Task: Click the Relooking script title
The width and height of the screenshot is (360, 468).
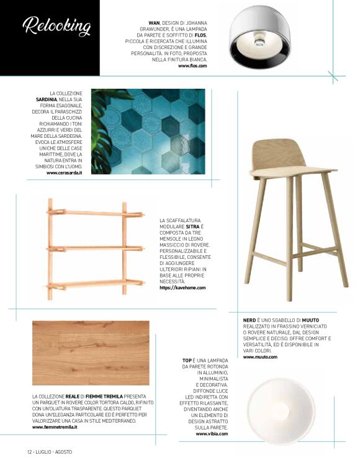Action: click(x=56, y=27)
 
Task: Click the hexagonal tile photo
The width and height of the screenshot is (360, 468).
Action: click(x=148, y=131)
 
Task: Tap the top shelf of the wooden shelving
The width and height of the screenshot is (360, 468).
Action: click(x=86, y=213)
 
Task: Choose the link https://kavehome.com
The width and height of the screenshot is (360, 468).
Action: click(x=182, y=288)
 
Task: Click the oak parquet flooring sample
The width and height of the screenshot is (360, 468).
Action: click(x=91, y=353)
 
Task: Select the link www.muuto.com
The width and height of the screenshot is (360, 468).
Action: click(x=259, y=358)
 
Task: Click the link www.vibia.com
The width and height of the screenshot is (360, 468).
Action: click(x=211, y=434)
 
